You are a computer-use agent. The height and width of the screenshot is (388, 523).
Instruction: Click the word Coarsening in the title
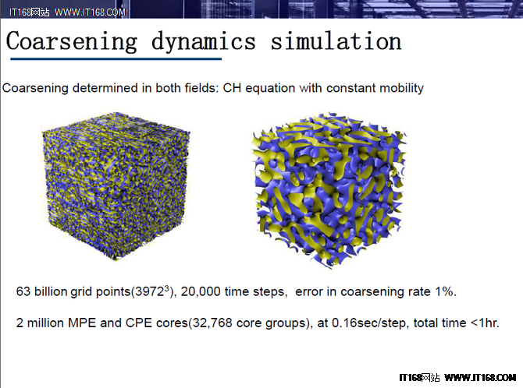[71, 41]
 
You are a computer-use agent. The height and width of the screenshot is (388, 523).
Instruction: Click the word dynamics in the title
[204, 41]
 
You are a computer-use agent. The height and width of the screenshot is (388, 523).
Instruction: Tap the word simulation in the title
[336, 41]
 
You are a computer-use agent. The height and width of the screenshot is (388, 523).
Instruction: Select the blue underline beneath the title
[116, 59]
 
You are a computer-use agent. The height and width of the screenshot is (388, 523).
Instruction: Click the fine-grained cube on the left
[116, 186]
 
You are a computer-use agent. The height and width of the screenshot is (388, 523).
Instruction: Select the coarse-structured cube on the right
[329, 190]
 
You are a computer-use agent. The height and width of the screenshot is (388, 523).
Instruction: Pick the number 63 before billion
[23, 291]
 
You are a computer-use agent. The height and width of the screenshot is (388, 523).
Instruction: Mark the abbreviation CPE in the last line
[139, 323]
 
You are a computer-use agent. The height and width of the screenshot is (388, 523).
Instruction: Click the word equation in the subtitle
[270, 89]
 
